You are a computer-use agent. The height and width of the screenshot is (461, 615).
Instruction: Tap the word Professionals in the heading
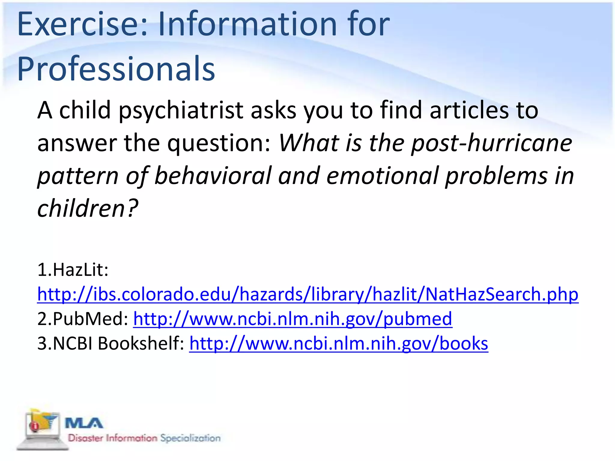point(116,69)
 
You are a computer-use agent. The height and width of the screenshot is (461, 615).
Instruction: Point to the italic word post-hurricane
point(491,143)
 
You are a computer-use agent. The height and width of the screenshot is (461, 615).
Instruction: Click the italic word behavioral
point(213,176)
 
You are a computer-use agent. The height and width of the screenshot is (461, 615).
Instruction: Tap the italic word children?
point(87,208)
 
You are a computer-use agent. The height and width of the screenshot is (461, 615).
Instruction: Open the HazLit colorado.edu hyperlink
point(307,294)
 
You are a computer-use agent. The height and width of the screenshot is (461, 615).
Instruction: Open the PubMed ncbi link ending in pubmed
point(292,319)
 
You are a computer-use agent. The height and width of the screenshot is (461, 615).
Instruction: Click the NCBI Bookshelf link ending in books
point(338,343)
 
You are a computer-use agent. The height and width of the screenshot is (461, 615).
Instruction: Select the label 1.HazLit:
point(73,270)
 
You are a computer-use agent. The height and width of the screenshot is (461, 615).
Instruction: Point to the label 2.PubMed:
point(83,319)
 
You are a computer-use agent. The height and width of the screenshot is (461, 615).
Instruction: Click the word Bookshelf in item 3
point(141,343)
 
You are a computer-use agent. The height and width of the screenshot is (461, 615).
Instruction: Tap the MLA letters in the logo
point(84,423)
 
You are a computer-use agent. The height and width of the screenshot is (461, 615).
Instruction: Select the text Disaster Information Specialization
point(144,438)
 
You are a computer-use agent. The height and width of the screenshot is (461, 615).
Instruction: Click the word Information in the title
point(247,24)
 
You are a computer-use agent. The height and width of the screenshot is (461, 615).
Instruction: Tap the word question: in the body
point(219,143)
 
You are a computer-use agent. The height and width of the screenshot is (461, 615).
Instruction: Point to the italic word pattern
point(78,176)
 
